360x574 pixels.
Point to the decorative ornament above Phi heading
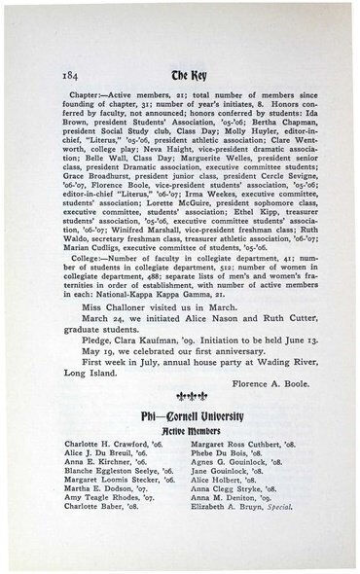click(x=180, y=397)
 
